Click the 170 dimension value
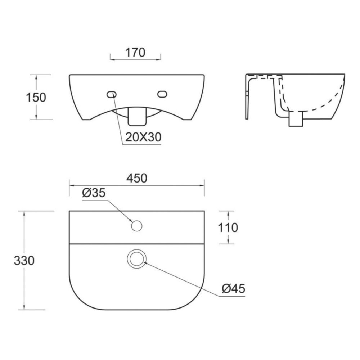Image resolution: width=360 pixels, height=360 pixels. [x=135, y=52]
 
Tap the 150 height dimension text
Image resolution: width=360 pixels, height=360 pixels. [x=36, y=97]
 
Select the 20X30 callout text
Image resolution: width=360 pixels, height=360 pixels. [x=143, y=137]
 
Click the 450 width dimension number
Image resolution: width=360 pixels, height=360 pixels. [x=137, y=178]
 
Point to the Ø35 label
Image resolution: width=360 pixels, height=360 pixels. [x=94, y=193]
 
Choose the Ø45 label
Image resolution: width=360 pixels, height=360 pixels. [x=234, y=289]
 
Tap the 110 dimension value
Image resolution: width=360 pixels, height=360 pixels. [x=228, y=228]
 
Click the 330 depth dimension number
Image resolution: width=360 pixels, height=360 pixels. [x=24, y=261]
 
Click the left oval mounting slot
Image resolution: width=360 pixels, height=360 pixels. [x=112, y=94]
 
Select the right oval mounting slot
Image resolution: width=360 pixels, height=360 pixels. [x=162, y=94]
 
